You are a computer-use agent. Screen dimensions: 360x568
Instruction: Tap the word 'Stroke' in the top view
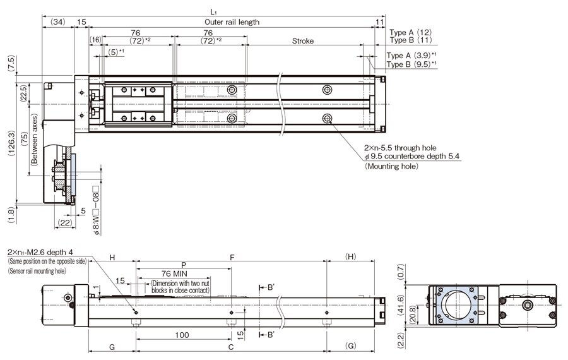(x=303, y=41)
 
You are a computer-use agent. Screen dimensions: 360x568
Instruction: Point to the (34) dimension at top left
(x=57, y=21)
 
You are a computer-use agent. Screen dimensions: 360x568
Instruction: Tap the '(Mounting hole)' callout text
(x=391, y=167)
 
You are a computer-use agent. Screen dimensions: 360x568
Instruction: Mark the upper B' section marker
(x=269, y=287)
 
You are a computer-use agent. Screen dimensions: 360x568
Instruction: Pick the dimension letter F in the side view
(x=232, y=258)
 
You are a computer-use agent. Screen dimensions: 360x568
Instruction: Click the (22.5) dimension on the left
(x=23, y=93)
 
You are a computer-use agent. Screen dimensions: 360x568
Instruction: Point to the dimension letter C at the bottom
(x=232, y=347)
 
